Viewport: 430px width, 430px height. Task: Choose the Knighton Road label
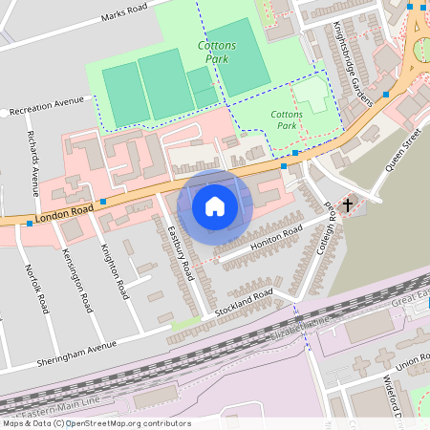click(114, 271)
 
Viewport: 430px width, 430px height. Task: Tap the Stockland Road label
click(244, 302)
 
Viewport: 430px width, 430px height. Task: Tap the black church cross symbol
click(348, 204)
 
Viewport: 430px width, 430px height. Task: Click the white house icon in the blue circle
click(215, 205)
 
